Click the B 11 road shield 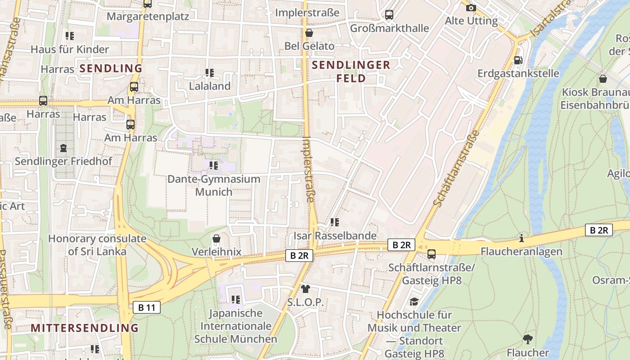(147, 308)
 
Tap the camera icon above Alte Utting (471, 8)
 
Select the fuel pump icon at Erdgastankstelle (518, 60)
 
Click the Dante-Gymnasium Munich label (214, 185)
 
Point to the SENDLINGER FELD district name (351, 72)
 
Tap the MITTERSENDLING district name (85, 328)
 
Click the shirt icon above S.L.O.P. (306, 288)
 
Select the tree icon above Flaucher (528, 339)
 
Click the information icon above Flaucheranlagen (522, 238)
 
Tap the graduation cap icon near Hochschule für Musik (414, 301)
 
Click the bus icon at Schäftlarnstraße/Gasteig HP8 (432, 254)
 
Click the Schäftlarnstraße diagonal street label (456, 168)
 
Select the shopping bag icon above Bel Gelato (309, 33)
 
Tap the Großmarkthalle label (389, 28)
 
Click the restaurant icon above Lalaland (209, 72)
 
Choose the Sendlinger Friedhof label (63, 161)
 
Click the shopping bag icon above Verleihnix (216, 238)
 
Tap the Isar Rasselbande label (335, 235)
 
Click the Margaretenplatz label (148, 16)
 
